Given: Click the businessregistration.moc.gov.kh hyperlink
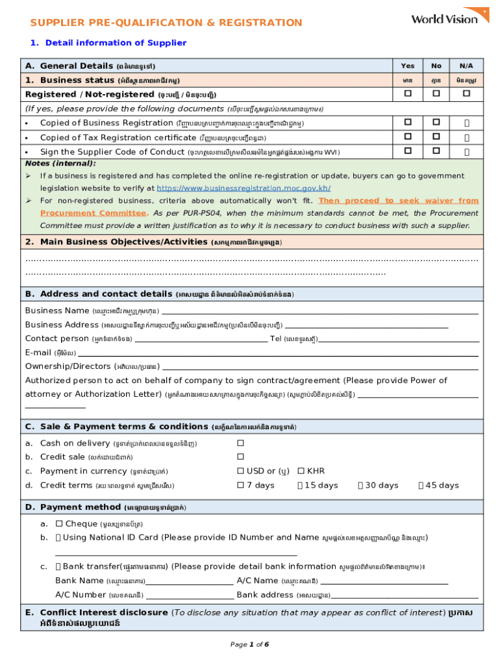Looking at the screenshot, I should click(244, 188).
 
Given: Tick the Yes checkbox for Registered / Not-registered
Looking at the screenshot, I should click(408, 94).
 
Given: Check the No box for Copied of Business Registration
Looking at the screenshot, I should click(436, 123).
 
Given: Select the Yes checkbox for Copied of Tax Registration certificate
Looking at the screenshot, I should click(408, 137).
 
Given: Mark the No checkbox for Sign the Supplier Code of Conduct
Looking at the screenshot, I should click(436, 151).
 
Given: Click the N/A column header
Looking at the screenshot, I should click(466, 66).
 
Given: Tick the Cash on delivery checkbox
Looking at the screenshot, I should click(240, 443).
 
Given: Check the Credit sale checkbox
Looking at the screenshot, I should click(240, 457).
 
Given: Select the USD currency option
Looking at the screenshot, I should click(241, 471).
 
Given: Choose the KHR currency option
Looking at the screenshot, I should click(301, 471).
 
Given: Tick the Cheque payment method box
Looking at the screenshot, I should click(59, 523).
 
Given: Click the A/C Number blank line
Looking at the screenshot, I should click(190, 596).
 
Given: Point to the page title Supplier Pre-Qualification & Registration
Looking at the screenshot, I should click(166, 23).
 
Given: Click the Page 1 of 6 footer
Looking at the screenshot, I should click(249, 644).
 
